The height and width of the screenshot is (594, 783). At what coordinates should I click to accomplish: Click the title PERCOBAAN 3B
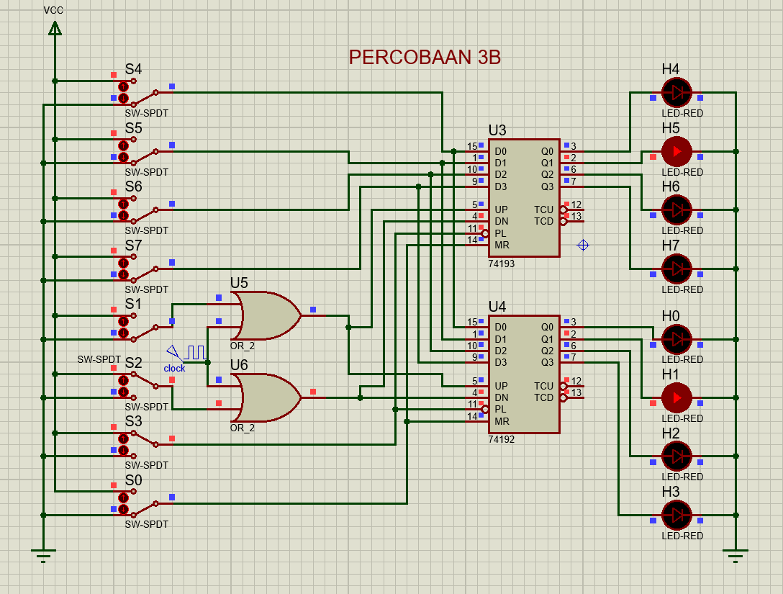[424, 58]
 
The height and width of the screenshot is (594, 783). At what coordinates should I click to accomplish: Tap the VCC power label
[54, 10]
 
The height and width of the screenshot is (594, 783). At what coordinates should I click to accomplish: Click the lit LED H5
[676, 151]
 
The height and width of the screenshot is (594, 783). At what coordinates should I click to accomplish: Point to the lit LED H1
[676, 397]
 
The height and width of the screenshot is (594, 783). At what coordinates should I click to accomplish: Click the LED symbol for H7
[676, 269]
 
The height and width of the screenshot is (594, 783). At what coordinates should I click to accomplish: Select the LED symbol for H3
[676, 515]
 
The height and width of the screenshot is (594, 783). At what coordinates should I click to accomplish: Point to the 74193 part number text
[502, 264]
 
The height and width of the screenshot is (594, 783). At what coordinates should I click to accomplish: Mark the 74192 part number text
[502, 439]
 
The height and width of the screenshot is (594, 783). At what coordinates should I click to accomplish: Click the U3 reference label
[497, 130]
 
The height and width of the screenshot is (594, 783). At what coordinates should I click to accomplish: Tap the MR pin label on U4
[502, 421]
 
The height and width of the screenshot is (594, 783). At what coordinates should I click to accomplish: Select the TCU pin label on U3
[543, 210]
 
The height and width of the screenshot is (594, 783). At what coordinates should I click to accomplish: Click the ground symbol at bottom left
[43, 554]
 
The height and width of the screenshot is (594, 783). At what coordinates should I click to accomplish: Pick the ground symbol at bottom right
[736, 554]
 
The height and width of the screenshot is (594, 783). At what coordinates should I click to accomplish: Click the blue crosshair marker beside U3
[583, 246]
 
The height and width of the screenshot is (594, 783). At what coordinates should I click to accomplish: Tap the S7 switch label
[133, 246]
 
